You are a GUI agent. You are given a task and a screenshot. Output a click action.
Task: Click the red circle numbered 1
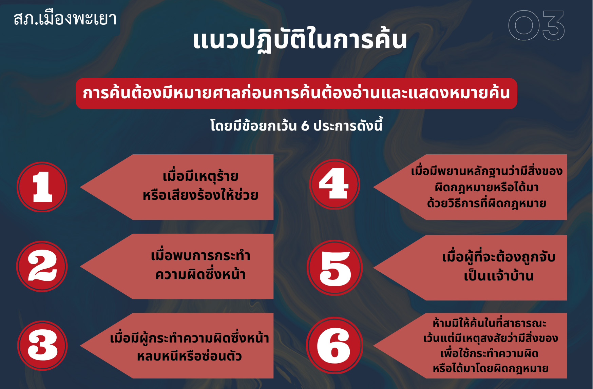pyautogui.click(x=42, y=187)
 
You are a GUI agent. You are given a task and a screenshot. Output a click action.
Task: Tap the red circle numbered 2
pyautogui.click(x=42, y=266)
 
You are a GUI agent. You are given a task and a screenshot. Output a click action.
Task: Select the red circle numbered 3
pyautogui.click(x=42, y=346)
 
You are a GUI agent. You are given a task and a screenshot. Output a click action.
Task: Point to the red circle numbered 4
pyautogui.click(x=334, y=184)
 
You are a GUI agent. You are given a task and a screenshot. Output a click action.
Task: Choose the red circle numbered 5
pyautogui.click(x=335, y=268)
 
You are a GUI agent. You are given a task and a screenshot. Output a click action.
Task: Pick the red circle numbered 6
pyautogui.click(x=334, y=345)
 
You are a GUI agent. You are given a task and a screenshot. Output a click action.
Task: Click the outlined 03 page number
pyautogui.click(x=536, y=25)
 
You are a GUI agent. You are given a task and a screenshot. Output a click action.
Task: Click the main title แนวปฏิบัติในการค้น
pyautogui.click(x=300, y=40)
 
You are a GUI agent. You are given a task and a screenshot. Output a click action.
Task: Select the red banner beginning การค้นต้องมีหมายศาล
pyautogui.click(x=296, y=94)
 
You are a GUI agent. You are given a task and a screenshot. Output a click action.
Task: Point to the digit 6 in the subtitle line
pyautogui.click(x=305, y=126)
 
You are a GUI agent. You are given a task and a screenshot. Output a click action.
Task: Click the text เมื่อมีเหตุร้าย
pyautogui.click(x=200, y=176)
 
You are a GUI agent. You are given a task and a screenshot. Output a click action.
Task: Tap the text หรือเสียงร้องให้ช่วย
pyautogui.click(x=200, y=195)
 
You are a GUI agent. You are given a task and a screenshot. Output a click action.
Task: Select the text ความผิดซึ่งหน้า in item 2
pyautogui.click(x=200, y=274)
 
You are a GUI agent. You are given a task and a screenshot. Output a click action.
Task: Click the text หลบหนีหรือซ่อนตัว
pyautogui.click(x=189, y=356)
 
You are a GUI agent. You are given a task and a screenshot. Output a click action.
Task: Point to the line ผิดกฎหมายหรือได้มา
pyautogui.click(x=486, y=187)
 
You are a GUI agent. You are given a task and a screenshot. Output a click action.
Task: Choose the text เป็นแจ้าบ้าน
pyautogui.click(x=499, y=276)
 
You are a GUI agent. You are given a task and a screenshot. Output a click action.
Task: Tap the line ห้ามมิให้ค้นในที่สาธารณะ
pyautogui.click(x=490, y=323)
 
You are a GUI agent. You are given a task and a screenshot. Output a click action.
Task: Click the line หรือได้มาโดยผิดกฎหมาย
pyautogui.click(x=491, y=368)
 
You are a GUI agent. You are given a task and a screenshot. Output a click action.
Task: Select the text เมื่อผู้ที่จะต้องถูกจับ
pyautogui.click(x=499, y=257)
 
